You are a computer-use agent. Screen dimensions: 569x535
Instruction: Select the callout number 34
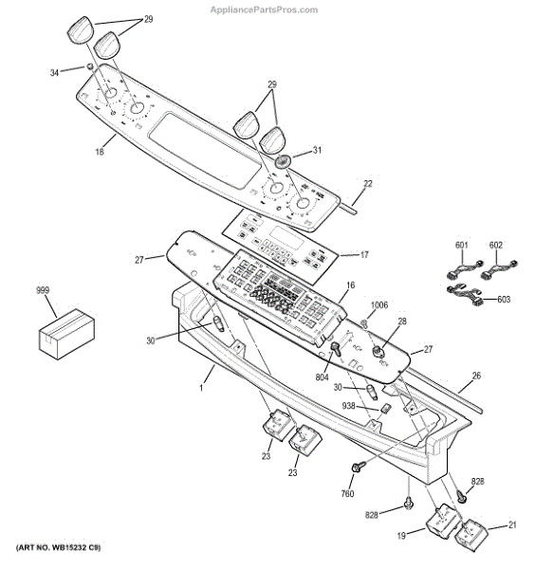[53, 72]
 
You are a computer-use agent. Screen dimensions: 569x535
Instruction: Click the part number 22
[368, 183]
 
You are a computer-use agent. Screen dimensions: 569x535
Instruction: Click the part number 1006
[379, 305]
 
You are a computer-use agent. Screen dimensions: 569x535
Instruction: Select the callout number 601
[462, 247]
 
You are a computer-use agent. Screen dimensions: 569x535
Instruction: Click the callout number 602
[494, 247]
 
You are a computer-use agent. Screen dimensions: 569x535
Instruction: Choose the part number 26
[476, 376]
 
